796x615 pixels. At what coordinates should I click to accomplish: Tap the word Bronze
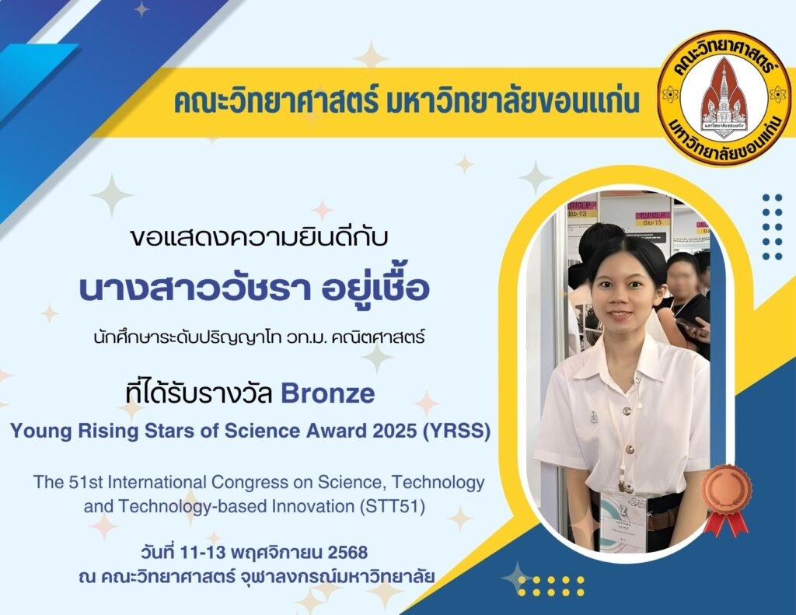328,393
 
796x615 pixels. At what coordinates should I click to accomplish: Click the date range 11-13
203,552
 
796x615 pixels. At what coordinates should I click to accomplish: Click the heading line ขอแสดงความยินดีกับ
259,237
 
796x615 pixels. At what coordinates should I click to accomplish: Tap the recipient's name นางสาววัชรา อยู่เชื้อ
254,288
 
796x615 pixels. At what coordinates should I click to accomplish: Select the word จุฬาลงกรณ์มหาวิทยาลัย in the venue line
336,578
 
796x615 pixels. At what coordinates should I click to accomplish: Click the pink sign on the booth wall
652,219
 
